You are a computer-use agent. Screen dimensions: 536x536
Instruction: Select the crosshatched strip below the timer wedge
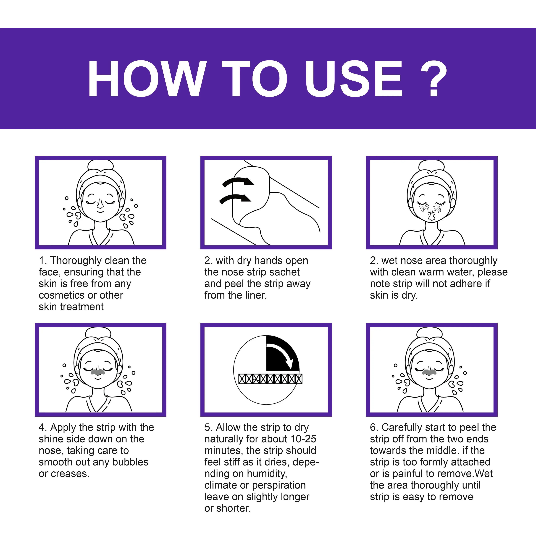coord(270,378)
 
